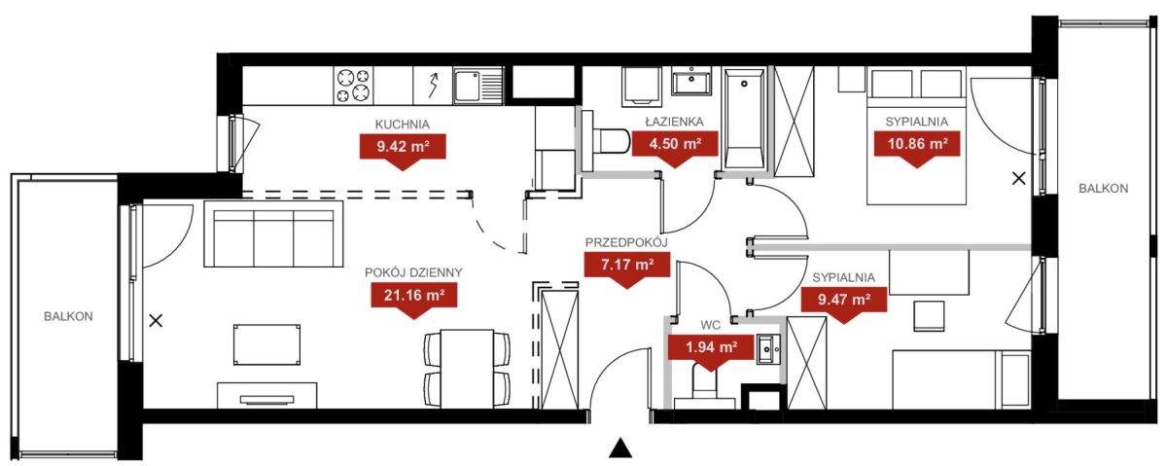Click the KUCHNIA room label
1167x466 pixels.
click(x=403, y=125)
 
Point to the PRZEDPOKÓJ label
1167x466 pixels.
click(x=626, y=242)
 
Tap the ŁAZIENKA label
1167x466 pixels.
click(x=675, y=122)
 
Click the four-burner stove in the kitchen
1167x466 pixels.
click(x=354, y=86)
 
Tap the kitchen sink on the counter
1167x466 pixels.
click(x=478, y=86)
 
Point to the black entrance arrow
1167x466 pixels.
click(x=620, y=448)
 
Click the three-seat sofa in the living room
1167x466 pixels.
click(x=274, y=233)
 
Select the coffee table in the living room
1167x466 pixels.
click(x=266, y=344)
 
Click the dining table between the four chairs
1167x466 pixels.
click(x=468, y=369)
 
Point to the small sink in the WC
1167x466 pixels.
click(x=769, y=348)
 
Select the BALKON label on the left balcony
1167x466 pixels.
click(x=68, y=316)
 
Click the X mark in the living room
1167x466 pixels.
click(x=156, y=321)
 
